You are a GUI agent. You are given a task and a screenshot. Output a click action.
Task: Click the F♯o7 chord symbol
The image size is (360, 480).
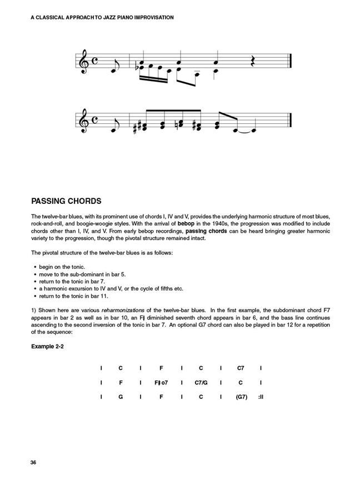pos(161,383)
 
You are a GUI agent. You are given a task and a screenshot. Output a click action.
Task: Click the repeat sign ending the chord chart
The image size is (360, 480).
pos(260,397)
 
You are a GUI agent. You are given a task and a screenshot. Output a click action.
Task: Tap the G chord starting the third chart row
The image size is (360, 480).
pos(121,397)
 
